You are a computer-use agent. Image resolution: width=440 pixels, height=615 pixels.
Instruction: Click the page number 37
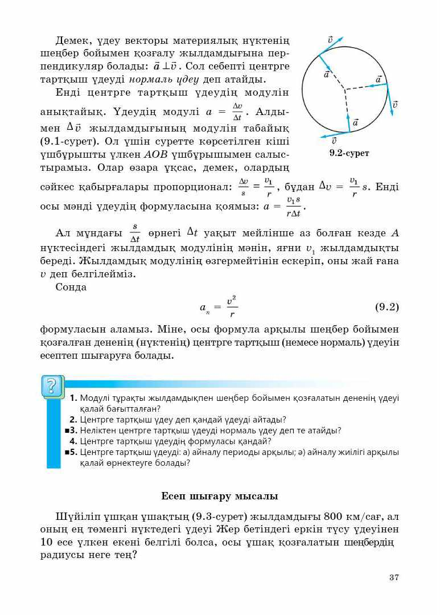point(394,577)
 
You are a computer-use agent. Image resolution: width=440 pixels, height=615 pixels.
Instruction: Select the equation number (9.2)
point(387,307)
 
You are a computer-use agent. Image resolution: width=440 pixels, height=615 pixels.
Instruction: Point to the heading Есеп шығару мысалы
point(220,496)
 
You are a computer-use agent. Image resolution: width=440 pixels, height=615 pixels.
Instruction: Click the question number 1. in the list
point(74,398)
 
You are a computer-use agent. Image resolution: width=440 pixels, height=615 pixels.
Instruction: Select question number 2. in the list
point(74,420)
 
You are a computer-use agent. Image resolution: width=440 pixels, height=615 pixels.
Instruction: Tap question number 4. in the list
point(74,441)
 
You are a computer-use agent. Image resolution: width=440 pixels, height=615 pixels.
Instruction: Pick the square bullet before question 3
point(67,430)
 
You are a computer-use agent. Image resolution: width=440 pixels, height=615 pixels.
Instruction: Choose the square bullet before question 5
point(67,452)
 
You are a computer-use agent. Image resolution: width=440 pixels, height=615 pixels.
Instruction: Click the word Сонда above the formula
point(71,287)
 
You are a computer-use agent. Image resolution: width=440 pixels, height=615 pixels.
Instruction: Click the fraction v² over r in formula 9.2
point(232,307)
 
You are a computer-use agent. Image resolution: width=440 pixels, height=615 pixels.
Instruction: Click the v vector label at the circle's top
point(331,39)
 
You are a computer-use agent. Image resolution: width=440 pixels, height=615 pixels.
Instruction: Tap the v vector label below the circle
point(334,141)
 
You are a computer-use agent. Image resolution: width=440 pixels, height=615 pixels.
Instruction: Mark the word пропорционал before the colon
point(190,186)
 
